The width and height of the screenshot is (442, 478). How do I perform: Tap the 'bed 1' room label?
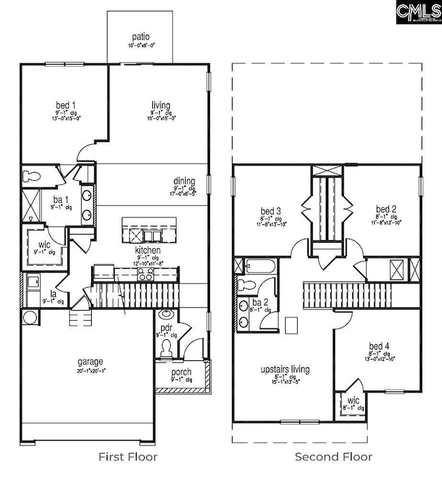[x=66, y=105]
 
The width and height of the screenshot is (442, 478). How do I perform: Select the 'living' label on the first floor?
[x=161, y=105]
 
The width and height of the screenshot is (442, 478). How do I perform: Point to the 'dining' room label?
[x=184, y=180]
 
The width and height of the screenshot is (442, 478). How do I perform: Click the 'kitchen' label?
[x=148, y=250]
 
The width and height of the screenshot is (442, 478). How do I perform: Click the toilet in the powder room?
[x=165, y=347]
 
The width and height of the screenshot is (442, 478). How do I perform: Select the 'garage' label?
[x=90, y=362]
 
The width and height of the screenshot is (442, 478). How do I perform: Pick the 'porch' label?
[x=182, y=372]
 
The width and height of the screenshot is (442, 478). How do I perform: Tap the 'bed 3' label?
[x=271, y=209]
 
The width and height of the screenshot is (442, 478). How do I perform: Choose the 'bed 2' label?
[x=386, y=208]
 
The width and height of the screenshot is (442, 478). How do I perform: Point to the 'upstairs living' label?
[x=285, y=369]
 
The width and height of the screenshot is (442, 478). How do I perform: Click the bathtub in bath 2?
[x=258, y=266]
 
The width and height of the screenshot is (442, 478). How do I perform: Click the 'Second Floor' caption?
[x=333, y=456]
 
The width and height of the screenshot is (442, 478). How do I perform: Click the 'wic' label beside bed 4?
[x=352, y=401]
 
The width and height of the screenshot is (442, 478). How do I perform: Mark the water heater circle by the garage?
[x=30, y=317]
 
